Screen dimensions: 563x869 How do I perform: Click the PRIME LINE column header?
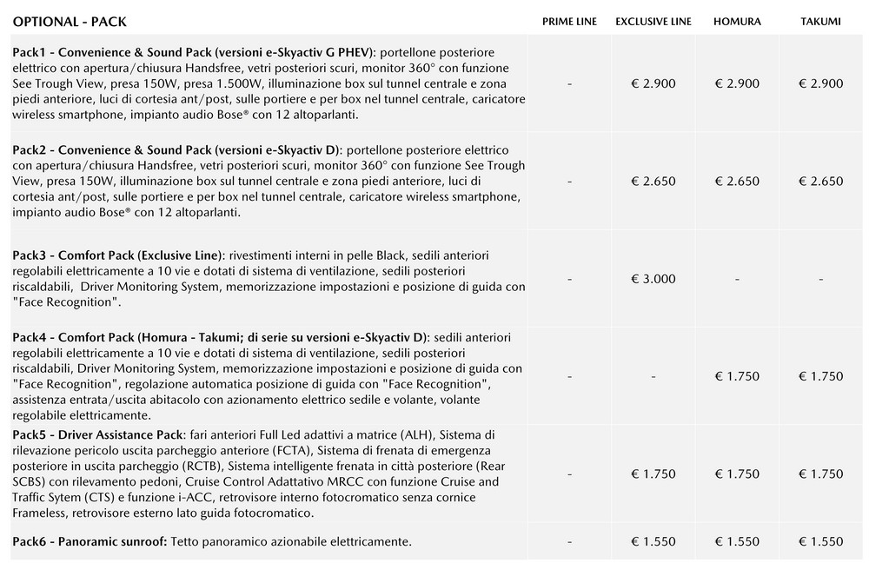[569, 22]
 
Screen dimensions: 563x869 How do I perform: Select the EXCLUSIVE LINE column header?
[653, 22]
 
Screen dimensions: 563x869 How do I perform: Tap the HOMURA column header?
[736, 22]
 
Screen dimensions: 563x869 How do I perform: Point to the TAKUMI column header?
[820, 22]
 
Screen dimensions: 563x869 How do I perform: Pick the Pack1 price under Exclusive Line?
[653, 83]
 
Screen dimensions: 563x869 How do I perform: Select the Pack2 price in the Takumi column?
[820, 182]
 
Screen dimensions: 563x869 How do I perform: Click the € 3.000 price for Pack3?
[653, 279]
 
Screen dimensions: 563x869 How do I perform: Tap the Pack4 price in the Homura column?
[736, 376]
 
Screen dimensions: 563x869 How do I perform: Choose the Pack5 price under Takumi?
[820, 474]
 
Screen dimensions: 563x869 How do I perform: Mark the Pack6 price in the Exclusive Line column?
[653, 541]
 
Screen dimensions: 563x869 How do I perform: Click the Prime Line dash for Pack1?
[569, 83]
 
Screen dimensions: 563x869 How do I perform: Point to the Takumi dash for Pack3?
[820, 279]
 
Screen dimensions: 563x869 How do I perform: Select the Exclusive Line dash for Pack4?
[653, 376]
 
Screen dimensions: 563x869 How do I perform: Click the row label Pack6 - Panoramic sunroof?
[90, 541]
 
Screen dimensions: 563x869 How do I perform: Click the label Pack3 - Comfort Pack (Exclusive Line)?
[118, 255]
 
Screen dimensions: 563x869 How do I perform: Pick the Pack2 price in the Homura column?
[736, 182]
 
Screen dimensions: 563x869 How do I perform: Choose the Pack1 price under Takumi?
[820, 83]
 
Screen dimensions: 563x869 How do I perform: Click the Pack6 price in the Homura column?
[736, 541]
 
